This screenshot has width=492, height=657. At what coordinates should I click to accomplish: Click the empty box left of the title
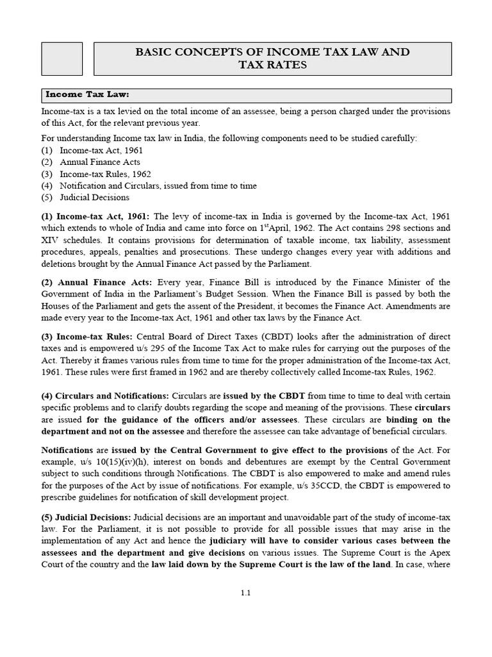pyautogui.click(x=62, y=58)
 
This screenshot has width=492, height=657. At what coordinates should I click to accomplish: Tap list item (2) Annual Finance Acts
pyautogui.click(x=99, y=162)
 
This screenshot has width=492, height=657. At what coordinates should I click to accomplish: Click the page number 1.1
pyautogui.click(x=245, y=593)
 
